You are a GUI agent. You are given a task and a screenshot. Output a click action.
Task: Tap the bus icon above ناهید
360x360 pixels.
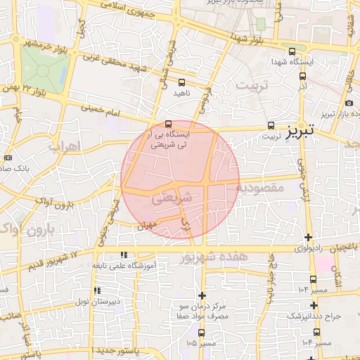(x=182, y=83)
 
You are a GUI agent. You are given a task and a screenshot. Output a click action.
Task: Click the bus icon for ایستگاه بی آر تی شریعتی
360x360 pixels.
(x=167, y=124)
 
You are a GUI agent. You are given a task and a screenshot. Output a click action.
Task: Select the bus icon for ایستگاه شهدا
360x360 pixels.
(x=292, y=51)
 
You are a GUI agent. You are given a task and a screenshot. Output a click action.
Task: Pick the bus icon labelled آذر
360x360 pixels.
(x=302, y=77)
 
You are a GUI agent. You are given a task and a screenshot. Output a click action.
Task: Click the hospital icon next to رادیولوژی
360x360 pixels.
(x=307, y=238)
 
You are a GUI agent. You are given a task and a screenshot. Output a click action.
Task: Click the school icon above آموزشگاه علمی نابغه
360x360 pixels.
(x=124, y=255)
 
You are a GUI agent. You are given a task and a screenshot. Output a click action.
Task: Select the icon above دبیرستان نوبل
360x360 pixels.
(x=97, y=290)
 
